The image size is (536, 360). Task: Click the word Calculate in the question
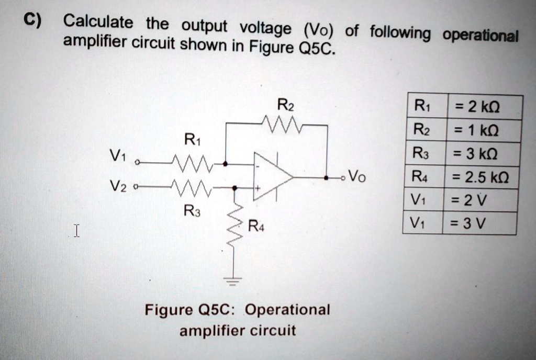point(98,22)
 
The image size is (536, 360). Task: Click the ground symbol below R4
point(233,280)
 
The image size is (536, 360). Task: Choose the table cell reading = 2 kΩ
point(484,107)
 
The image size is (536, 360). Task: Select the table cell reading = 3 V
point(478,224)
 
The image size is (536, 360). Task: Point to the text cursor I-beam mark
point(76,230)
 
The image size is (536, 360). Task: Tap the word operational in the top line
point(481,36)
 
